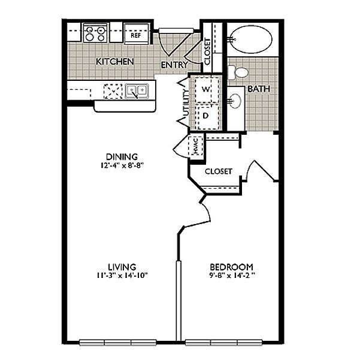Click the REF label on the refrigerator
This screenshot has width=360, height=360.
point(136,35)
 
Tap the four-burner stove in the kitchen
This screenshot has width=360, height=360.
point(95,34)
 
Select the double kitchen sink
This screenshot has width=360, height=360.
point(137,91)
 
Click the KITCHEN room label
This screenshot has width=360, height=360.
point(115,62)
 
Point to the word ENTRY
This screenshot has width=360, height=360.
point(174,65)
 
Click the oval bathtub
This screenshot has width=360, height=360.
point(251,40)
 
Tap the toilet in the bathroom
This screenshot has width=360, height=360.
point(238,73)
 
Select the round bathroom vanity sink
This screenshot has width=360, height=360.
point(235,101)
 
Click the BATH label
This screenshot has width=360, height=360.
point(259,89)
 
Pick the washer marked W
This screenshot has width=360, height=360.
point(205,89)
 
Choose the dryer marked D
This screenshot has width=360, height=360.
point(205,116)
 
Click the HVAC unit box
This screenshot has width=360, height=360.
point(195,146)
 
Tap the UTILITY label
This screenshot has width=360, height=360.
point(186,103)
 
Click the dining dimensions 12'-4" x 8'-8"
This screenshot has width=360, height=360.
point(122,165)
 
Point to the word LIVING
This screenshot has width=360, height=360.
point(122,267)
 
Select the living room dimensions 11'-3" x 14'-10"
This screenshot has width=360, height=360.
point(122,276)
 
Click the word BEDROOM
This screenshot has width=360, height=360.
point(232,267)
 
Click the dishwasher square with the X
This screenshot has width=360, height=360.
point(113,91)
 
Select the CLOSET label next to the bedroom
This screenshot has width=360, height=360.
point(219,171)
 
